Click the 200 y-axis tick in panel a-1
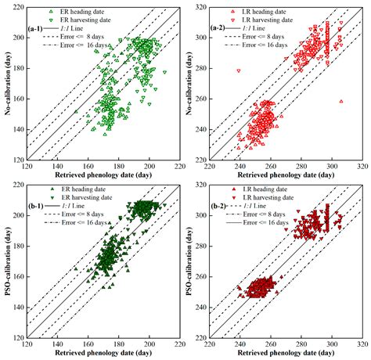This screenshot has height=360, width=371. [x=20, y=38]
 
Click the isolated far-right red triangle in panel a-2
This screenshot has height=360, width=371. [x=341, y=102]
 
